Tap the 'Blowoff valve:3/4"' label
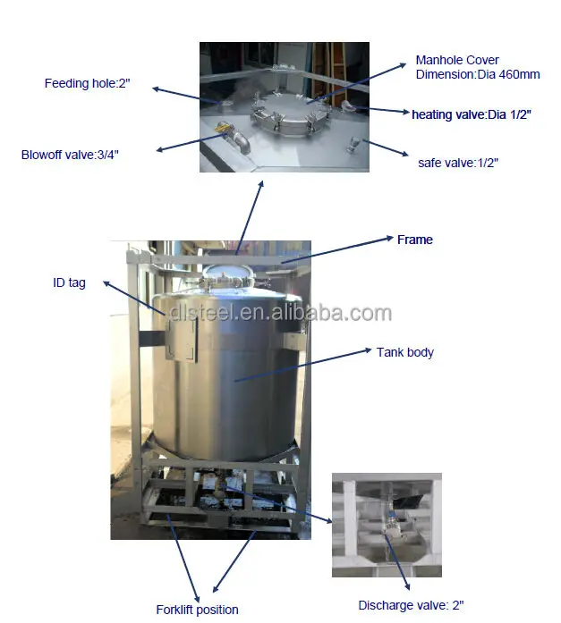coord(70,155)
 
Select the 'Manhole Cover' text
coord(457,61)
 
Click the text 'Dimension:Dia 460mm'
coord(478,74)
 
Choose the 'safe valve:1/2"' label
coord(458,163)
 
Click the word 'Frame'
coord(414,240)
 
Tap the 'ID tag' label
coord(69,283)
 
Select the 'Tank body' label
coord(405,352)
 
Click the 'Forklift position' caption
coord(197,610)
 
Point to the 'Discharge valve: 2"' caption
coord(411,605)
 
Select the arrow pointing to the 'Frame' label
coord(340,249)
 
